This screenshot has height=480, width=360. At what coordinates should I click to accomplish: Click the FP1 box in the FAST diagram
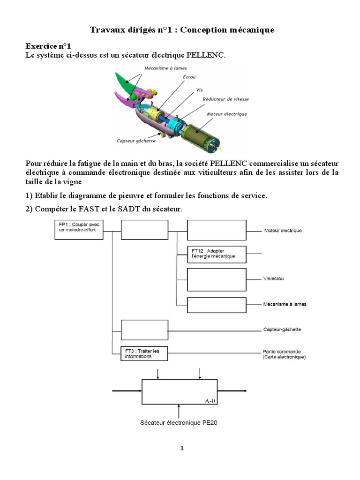[x=78, y=230]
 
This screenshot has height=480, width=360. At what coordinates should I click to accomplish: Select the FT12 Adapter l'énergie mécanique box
[x=217, y=254]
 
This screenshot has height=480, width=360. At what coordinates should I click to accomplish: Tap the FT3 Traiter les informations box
[x=144, y=353]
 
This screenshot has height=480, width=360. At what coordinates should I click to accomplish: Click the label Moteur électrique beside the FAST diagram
[x=283, y=231]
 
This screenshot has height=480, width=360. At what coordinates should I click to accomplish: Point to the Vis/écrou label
[x=274, y=279]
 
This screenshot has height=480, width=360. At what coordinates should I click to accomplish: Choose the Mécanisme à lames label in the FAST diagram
[x=285, y=304]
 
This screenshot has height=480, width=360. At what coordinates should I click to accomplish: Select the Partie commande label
[x=282, y=351]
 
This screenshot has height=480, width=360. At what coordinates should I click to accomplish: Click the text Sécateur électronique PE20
[x=179, y=422]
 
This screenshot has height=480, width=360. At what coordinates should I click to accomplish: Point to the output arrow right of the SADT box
[x=232, y=391]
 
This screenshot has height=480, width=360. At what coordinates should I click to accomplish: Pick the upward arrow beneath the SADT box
[x=179, y=410]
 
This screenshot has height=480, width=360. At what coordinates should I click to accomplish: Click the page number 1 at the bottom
[x=182, y=448]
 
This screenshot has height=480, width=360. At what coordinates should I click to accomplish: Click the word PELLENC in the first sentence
[x=205, y=55]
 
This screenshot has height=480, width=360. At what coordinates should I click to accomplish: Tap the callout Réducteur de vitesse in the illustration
[x=226, y=99]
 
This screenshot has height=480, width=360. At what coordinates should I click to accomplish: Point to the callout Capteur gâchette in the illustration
[x=136, y=140]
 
